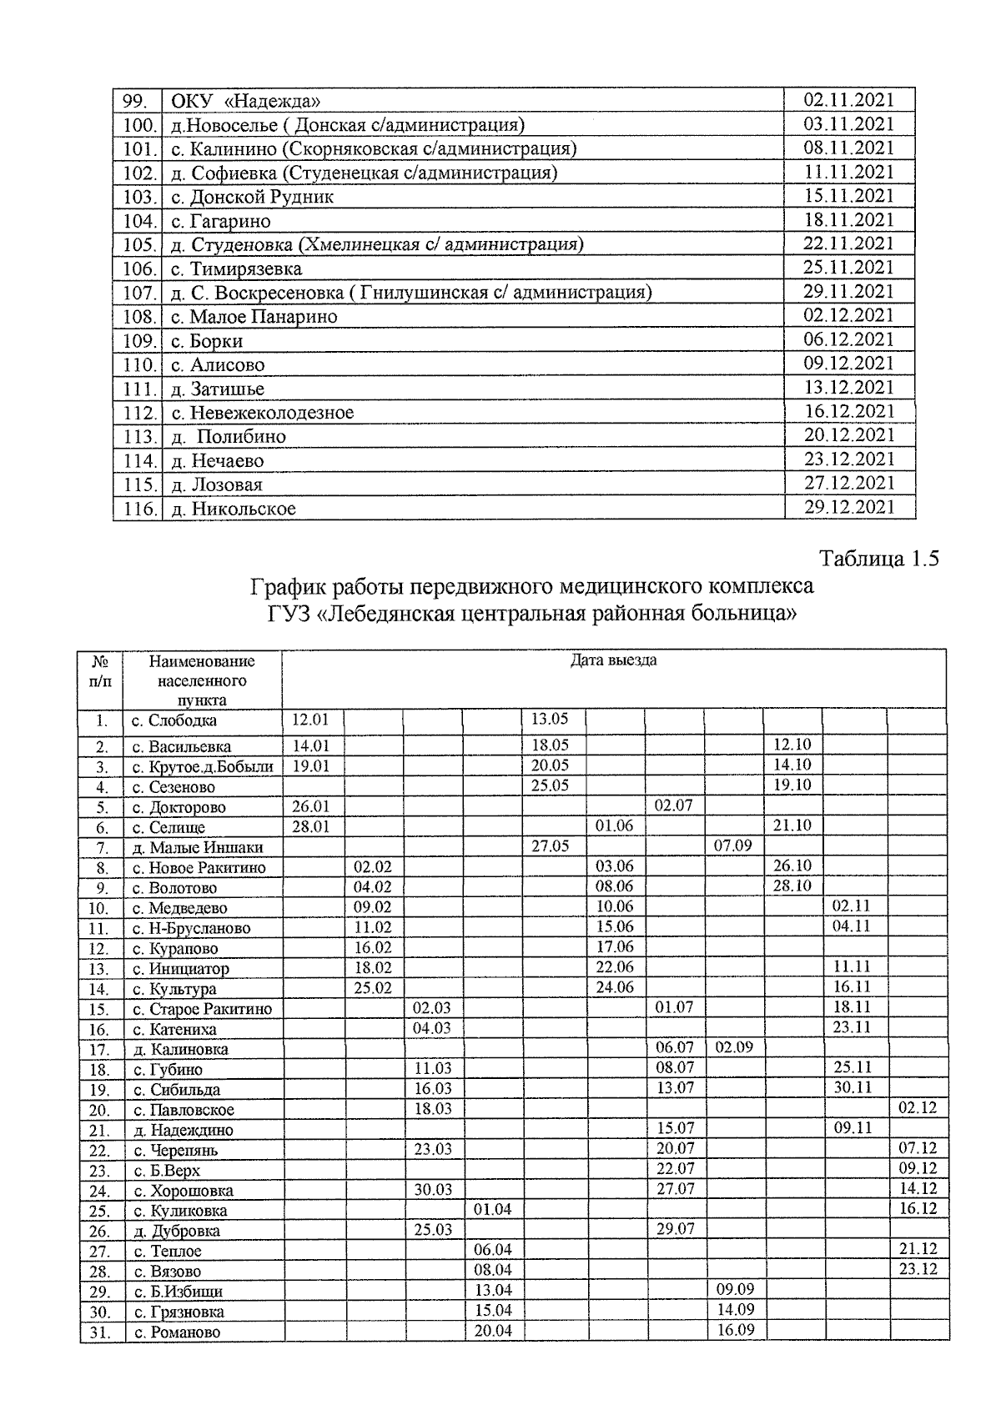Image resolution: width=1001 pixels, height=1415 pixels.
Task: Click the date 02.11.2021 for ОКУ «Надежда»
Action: [848, 100]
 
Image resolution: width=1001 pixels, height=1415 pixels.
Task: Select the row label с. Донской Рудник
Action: [253, 198]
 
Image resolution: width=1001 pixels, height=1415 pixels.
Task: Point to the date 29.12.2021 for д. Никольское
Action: [848, 507]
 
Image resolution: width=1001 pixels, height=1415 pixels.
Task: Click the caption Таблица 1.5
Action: [879, 559]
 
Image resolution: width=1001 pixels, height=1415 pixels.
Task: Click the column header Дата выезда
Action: [613, 660]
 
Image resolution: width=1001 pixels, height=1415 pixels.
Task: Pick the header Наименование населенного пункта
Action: [202, 680]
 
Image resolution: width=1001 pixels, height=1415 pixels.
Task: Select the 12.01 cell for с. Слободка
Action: [309, 719]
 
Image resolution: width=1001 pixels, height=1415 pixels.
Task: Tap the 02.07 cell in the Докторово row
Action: [674, 806]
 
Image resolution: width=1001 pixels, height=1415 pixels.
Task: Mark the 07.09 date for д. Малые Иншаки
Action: [733, 845]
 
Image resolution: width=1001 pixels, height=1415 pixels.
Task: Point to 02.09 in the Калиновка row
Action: [733, 1047]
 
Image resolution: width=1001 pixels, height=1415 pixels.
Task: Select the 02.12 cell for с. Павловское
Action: [918, 1108]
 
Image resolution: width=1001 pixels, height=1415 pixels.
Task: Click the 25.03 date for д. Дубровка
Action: [432, 1229]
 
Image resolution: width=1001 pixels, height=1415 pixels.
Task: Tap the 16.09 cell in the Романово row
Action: [735, 1330]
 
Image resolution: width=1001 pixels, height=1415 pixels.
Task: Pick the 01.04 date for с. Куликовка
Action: [492, 1209]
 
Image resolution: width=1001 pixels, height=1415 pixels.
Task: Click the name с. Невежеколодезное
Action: [263, 413]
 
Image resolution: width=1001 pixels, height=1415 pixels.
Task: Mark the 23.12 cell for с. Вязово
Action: [918, 1269]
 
